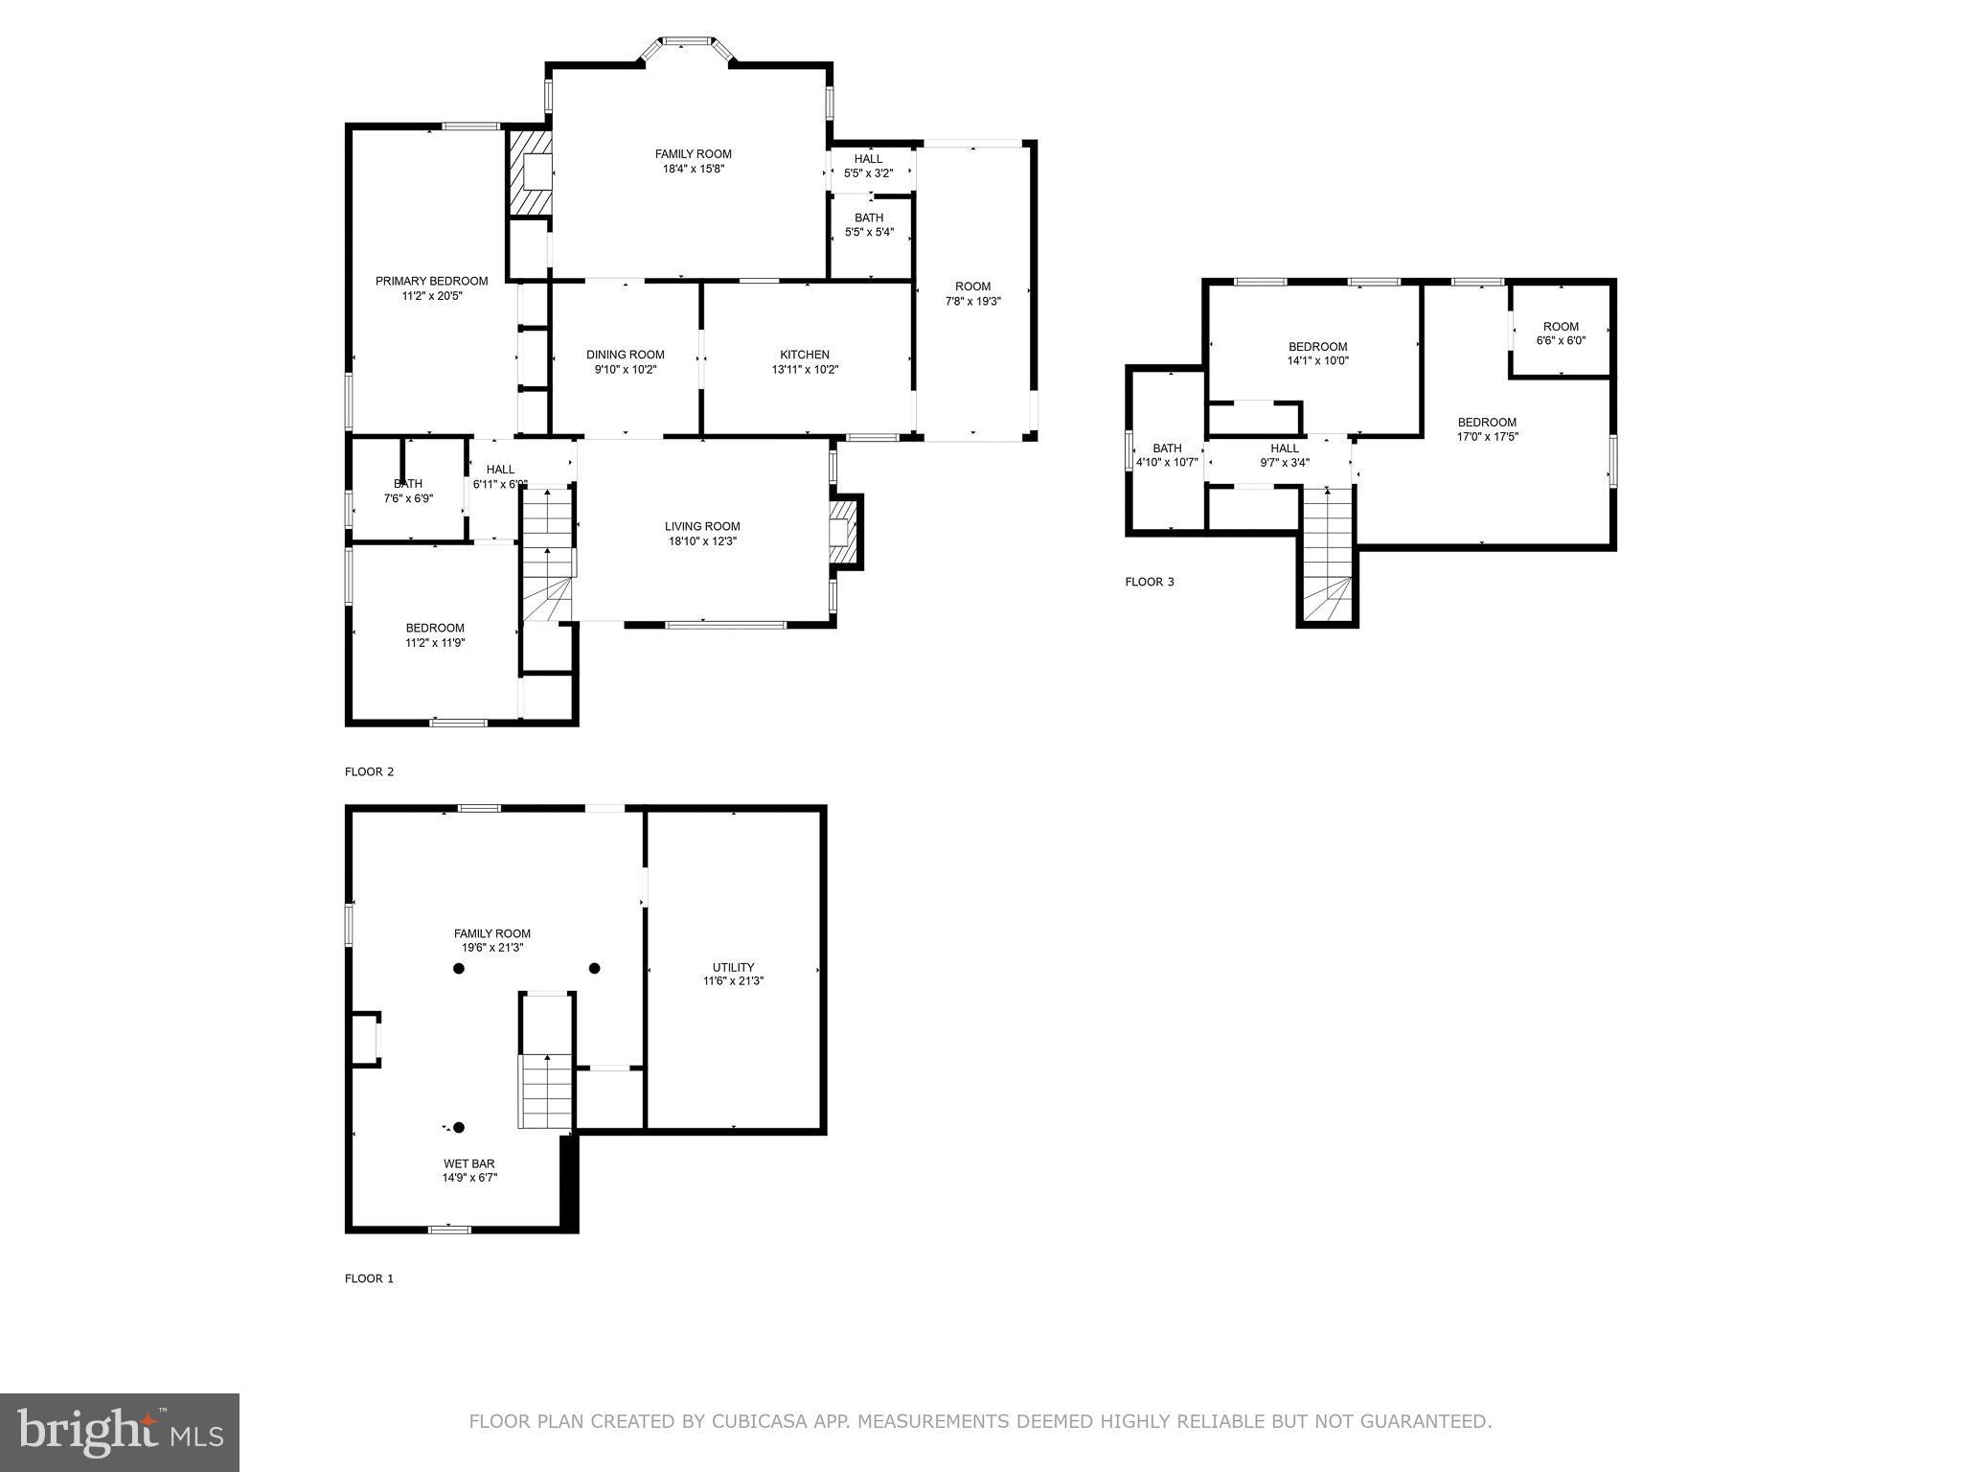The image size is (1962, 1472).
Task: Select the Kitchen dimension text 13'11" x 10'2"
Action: [805, 369]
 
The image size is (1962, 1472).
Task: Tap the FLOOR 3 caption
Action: [1149, 582]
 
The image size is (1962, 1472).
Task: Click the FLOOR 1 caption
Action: [369, 1278]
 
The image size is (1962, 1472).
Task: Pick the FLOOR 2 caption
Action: [369, 771]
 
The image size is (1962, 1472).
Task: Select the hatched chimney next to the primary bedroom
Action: [530, 172]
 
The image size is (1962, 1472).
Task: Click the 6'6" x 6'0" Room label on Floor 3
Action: [1561, 333]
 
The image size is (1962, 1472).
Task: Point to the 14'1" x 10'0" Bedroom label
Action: [1317, 354]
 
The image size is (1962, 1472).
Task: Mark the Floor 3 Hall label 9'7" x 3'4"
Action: [1285, 455]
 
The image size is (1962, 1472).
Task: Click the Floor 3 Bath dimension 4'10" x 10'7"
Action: [1167, 462]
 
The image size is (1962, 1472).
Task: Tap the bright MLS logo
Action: [120, 1432]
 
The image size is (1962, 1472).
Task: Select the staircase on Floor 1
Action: [546, 1091]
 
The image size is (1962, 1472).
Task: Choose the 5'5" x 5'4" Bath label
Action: [869, 224]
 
